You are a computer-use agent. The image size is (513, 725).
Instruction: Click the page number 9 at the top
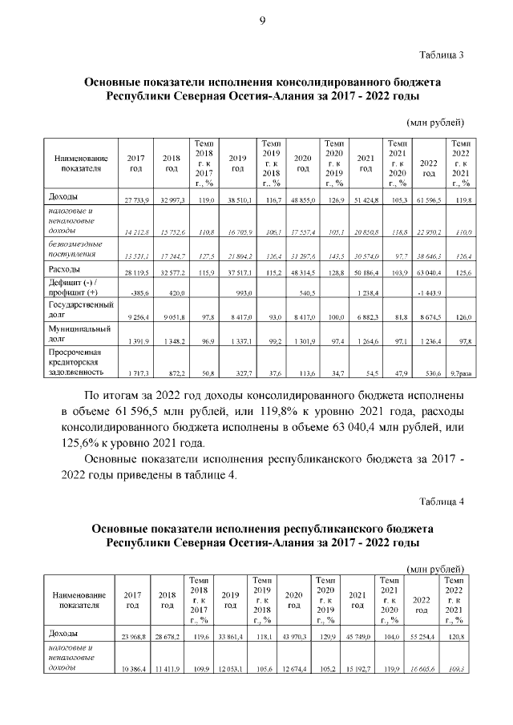tap(261, 21)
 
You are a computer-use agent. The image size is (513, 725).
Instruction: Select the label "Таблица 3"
tap(442, 54)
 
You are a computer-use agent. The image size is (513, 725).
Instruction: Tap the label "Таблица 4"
tap(442, 501)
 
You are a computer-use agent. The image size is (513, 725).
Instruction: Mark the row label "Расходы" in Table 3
tap(65, 269)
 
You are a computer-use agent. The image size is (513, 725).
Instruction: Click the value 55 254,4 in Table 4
tap(422, 637)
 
